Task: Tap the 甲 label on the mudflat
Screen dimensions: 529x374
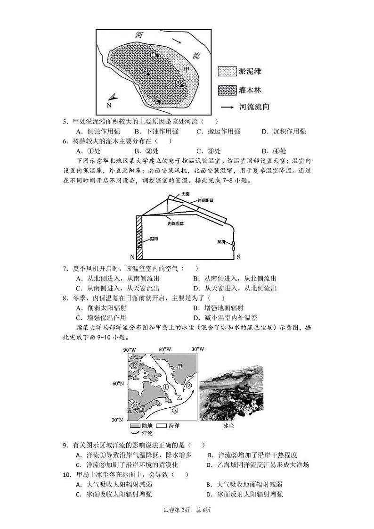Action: pos(186,70)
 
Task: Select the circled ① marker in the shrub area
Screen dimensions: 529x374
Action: pos(152,55)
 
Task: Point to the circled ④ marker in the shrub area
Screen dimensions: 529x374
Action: pos(157,96)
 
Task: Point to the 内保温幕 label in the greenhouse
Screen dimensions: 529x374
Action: pos(177,223)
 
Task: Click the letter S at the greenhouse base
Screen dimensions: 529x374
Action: pos(238,257)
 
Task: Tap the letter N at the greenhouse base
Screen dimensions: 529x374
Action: pos(132,257)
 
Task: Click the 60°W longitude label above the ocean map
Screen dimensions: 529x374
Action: pos(164,349)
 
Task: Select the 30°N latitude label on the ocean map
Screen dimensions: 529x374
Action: pos(118,420)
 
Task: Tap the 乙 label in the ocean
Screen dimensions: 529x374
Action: pos(179,397)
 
